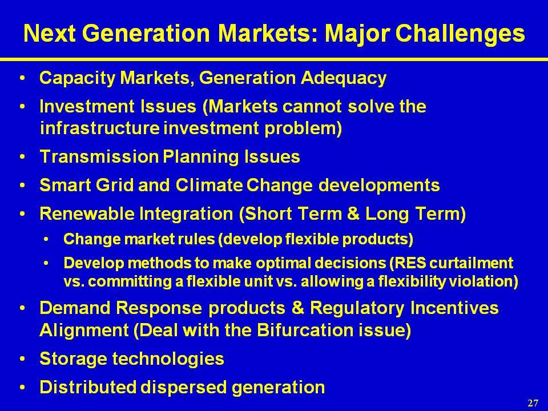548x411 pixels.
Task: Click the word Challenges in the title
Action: (x=460, y=34)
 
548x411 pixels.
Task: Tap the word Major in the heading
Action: (x=357, y=34)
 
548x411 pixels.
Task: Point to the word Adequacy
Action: (x=343, y=78)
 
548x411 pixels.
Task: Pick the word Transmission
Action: (x=99, y=156)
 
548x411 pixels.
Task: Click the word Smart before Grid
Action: (x=65, y=184)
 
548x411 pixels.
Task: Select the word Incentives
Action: (x=454, y=308)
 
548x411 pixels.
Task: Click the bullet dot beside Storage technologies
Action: (x=23, y=358)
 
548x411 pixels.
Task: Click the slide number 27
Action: (x=533, y=403)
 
